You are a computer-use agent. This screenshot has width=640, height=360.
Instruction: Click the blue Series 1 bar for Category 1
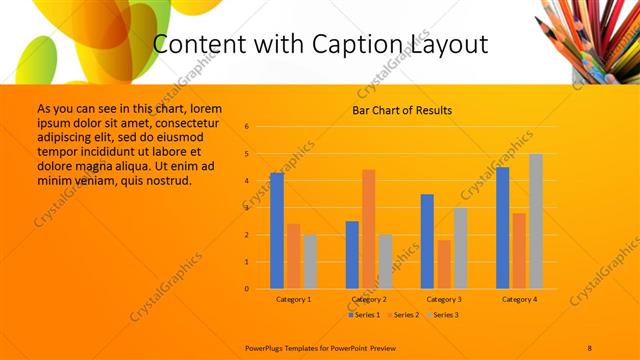click(x=277, y=231)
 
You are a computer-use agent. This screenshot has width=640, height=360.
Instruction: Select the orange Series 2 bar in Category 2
click(x=368, y=229)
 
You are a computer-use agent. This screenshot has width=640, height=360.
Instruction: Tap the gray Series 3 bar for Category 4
click(x=536, y=221)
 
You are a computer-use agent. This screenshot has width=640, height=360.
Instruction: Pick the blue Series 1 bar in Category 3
click(x=427, y=241)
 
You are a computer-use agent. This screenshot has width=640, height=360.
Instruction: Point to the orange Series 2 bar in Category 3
click(x=444, y=264)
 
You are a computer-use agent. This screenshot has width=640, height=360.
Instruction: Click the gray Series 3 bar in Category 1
click(x=310, y=262)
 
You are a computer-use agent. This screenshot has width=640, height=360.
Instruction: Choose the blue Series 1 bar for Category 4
click(x=503, y=228)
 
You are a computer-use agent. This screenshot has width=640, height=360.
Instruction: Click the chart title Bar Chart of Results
click(x=403, y=110)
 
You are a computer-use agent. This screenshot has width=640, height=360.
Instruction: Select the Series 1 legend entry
click(x=364, y=315)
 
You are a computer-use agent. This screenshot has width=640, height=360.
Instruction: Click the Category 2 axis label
click(x=369, y=299)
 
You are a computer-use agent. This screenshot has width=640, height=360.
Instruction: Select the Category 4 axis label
click(x=520, y=299)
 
